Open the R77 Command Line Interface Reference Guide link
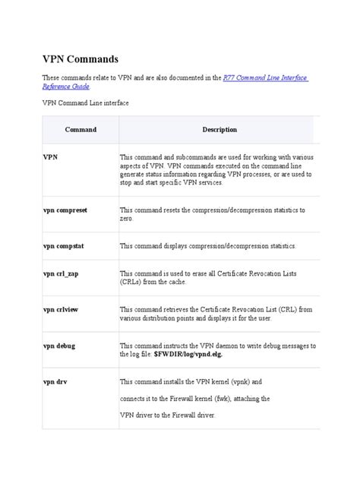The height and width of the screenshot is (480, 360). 266,78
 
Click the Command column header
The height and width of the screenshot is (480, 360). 81,130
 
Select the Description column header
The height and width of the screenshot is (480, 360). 219,130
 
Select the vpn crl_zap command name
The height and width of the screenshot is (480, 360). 62,272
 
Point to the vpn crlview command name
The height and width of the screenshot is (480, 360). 62,309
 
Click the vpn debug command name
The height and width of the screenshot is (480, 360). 59,346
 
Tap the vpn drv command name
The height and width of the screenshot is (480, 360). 55,381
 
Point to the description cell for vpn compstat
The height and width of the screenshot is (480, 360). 207,246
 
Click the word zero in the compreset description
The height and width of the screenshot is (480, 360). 126,218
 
